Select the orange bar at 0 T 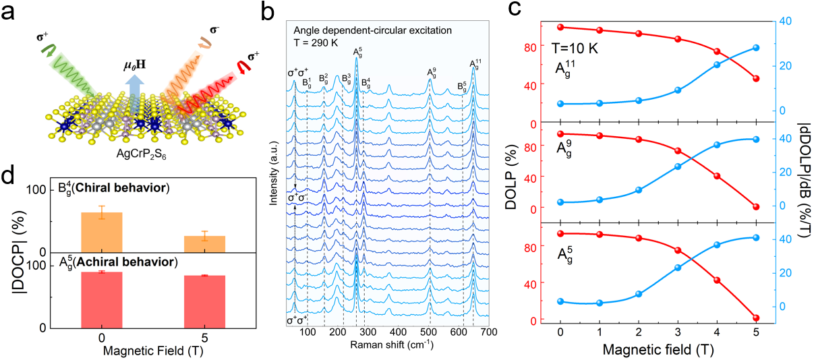101,232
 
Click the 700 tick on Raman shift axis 489,332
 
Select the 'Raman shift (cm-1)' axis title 391,345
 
